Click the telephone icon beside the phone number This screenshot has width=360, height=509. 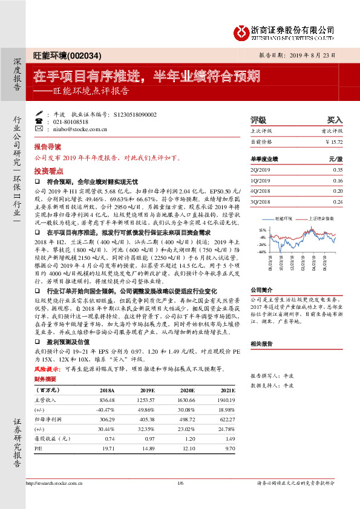click(x=40, y=122)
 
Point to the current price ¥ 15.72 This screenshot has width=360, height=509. click(x=333, y=141)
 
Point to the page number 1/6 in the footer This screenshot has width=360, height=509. click(x=179, y=483)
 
